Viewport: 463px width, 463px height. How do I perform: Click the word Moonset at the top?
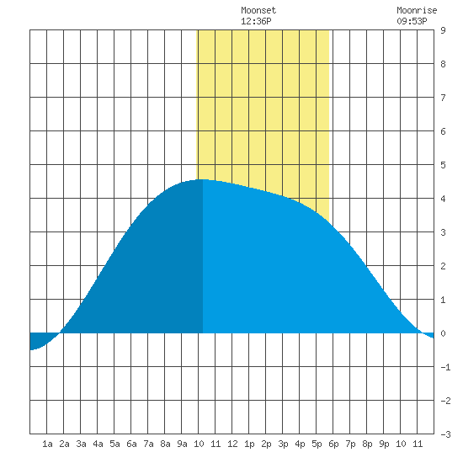pyautogui.click(x=258, y=10)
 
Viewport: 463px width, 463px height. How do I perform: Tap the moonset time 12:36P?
pyautogui.click(x=256, y=21)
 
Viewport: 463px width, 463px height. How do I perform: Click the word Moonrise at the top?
pyautogui.click(x=417, y=10)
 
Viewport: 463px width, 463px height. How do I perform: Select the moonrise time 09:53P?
pyautogui.click(x=412, y=21)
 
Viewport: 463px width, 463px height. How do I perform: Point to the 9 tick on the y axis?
pyautogui.click(x=443, y=30)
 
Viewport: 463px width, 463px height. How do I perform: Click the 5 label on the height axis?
pyautogui.click(x=443, y=165)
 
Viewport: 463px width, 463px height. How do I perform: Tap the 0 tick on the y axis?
pyautogui.click(x=443, y=333)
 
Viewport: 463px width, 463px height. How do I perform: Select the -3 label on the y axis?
pyautogui.click(x=445, y=434)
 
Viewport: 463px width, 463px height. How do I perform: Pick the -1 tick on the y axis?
pyautogui.click(x=445, y=367)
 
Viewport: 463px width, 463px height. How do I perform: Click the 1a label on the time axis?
pyautogui.click(x=47, y=444)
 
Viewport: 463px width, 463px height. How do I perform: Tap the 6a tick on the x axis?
pyautogui.click(x=131, y=444)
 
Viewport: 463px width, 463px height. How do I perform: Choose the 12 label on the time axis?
pyautogui.click(x=232, y=444)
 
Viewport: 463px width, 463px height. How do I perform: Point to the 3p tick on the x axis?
pyautogui.click(x=283, y=444)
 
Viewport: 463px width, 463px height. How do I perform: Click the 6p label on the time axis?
pyautogui.click(x=333, y=444)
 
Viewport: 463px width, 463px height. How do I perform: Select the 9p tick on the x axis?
pyautogui.click(x=384, y=444)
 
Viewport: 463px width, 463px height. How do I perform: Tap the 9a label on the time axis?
pyautogui.click(x=182, y=444)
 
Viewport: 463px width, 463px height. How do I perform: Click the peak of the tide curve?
pyautogui.click(x=202, y=179)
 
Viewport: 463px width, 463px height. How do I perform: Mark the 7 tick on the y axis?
pyautogui.click(x=443, y=98)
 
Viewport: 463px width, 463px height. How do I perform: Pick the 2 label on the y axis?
pyautogui.click(x=443, y=266)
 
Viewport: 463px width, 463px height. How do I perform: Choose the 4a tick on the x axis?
pyautogui.click(x=98, y=444)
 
